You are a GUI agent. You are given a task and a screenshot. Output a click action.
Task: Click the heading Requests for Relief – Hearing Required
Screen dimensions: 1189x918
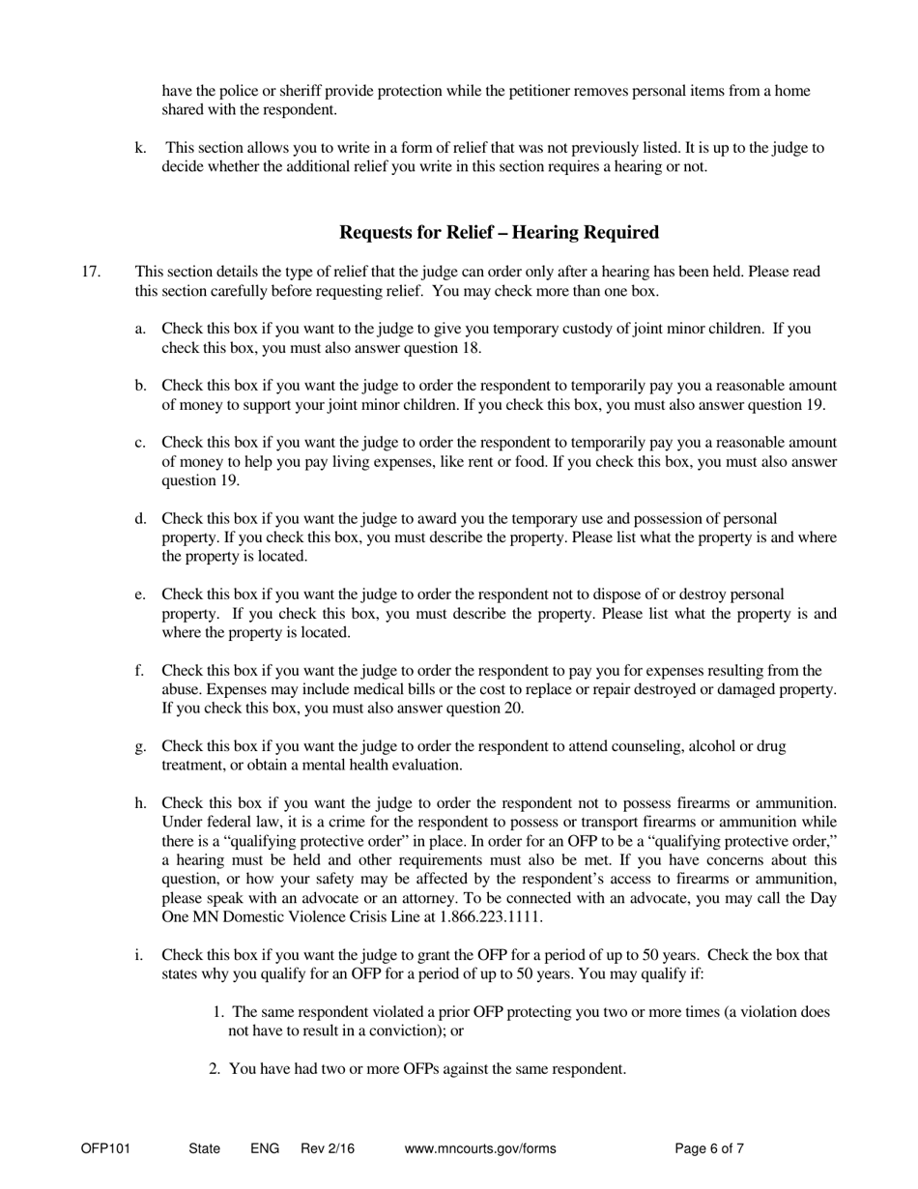(499, 233)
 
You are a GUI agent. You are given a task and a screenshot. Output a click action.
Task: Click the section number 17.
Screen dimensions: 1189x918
(91, 272)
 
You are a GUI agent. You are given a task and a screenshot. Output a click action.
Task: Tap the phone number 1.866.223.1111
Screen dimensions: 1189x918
(497, 916)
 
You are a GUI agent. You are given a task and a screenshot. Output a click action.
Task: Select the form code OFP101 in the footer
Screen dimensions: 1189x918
(105, 1149)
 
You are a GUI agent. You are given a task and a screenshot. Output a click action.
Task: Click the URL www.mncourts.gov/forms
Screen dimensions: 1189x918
(480, 1149)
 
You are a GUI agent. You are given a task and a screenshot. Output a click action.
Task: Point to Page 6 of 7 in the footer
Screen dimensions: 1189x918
(709, 1149)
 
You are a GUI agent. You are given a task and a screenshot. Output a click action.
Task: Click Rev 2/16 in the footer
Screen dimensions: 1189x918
(328, 1149)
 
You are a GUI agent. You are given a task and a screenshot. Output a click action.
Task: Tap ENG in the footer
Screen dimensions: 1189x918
(265, 1149)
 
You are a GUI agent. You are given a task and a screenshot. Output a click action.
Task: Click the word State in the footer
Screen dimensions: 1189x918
(205, 1149)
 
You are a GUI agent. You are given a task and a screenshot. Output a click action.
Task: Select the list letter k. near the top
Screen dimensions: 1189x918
(141, 148)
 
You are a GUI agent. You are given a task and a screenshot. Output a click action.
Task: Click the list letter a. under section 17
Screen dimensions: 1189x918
(141, 329)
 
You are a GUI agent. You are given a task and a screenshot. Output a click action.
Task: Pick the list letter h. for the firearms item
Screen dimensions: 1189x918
(141, 803)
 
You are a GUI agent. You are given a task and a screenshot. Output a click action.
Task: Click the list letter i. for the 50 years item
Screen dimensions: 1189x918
(139, 955)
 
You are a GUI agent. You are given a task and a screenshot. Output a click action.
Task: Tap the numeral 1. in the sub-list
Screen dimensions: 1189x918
(217, 1012)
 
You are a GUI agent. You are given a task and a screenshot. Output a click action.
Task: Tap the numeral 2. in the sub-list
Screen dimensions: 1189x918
(217, 1069)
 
